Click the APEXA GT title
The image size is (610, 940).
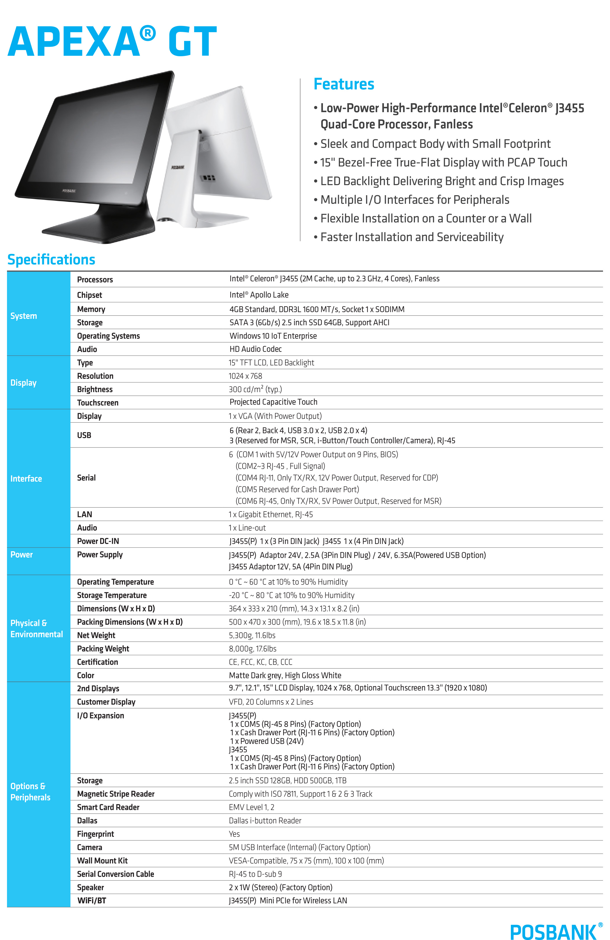coord(112,42)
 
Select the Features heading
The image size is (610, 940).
coord(343,84)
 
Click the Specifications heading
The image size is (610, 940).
coord(51,260)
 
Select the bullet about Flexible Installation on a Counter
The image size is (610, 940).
coord(426,218)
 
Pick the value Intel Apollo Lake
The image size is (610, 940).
coord(259,295)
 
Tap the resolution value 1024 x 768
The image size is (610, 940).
coord(245,376)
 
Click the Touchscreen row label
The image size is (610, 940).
coord(98,402)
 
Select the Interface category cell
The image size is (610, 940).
coord(26,479)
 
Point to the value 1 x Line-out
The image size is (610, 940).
coord(247,528)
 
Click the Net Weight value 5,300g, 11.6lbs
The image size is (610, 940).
coord(252,635)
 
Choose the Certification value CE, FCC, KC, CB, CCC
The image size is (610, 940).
coord(261,662)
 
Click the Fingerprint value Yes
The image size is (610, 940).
coord(234,834)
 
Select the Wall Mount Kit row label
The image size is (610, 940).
coord(102,861)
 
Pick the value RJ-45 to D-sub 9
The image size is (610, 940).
coord(255,874)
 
